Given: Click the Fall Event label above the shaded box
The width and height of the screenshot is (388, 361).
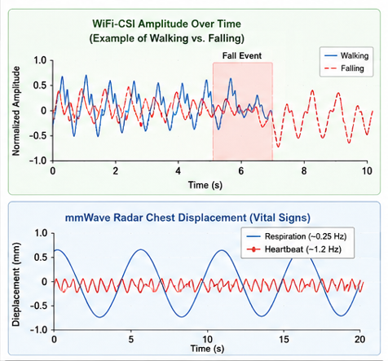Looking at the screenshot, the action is (242, 55).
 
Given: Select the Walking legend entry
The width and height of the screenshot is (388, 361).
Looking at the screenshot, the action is (346, 55).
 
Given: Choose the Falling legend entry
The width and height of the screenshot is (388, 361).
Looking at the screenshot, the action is (344, 68).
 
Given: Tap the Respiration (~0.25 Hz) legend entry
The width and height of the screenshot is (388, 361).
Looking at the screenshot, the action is (297, 236).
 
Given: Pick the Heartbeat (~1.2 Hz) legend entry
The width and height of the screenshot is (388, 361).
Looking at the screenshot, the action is (294, 249).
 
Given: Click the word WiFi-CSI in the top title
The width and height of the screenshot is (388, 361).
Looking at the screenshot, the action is (113, 24).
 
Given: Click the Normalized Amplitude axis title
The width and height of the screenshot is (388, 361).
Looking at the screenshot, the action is (16, 111).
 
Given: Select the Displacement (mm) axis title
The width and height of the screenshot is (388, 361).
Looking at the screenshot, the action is (16, 284).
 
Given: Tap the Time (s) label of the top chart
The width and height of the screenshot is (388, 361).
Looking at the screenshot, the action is (205, 185).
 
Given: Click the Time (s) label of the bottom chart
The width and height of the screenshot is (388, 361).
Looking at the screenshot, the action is (207, 349).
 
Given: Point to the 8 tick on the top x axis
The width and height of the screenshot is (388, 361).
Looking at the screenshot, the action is (304, 171).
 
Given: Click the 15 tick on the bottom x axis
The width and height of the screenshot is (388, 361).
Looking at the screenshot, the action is (284, 339).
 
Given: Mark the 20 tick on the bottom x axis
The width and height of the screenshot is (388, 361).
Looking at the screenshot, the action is (359, 339).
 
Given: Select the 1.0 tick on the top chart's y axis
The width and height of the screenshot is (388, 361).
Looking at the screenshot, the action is (41, 60).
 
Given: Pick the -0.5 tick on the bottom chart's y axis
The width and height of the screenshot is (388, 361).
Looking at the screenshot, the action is (38, 306).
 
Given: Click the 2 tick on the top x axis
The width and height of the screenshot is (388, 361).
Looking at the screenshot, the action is (116, 171).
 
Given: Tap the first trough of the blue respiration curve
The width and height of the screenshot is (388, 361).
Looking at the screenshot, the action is (100, 317).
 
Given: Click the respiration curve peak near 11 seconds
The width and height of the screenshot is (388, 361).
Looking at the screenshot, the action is (222, 250).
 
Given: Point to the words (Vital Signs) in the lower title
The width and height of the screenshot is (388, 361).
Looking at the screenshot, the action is (280, 218).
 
